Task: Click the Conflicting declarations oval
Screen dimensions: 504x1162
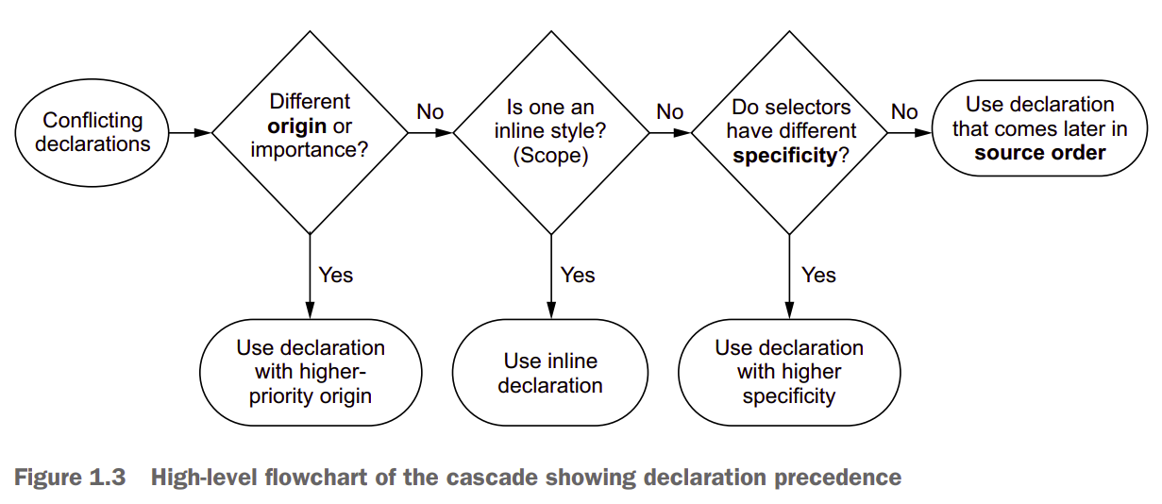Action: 93,133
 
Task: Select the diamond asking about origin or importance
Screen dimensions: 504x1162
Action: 310,132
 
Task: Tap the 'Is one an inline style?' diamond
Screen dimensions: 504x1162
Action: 550,132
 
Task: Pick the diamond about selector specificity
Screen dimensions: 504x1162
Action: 788,132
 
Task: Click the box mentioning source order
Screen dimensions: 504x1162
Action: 1039,129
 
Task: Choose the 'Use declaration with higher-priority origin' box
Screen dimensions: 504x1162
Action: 310,373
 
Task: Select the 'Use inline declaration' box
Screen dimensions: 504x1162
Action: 550,373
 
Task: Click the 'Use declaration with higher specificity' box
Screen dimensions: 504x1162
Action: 788,373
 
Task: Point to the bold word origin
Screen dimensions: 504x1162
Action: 297,126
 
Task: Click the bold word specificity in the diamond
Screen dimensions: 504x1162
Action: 784,156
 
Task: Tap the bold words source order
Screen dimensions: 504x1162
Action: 1039,153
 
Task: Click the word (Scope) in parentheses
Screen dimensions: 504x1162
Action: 550,156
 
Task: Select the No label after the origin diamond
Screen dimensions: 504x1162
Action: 429,112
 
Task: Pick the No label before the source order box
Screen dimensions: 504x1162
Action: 904,112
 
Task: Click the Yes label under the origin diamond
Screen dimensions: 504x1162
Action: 335,275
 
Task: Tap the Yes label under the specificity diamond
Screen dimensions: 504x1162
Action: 818,275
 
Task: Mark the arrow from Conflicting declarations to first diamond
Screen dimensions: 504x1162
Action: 191,133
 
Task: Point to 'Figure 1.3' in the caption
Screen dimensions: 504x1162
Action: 70,478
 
